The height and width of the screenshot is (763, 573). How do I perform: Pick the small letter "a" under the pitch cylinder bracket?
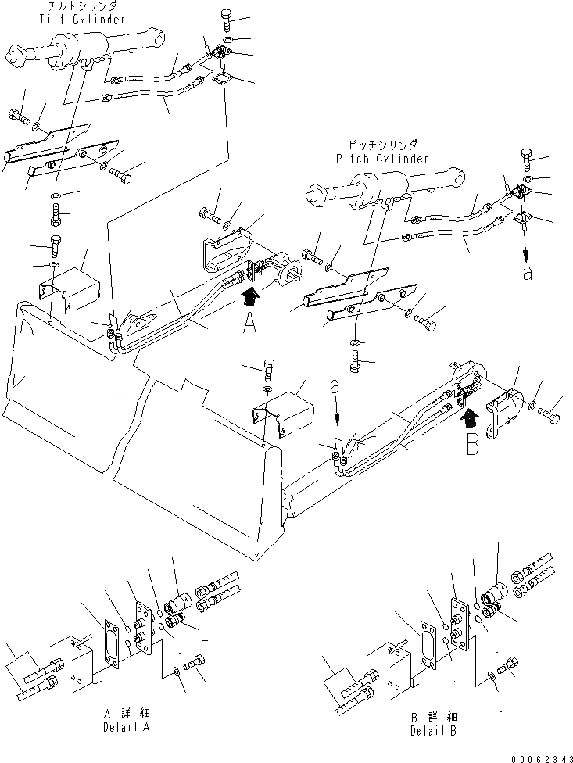coord(529,275)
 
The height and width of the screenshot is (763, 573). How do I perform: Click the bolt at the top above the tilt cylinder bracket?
coord(226,16)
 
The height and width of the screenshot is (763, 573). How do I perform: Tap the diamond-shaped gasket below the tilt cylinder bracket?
coord(224,81)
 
